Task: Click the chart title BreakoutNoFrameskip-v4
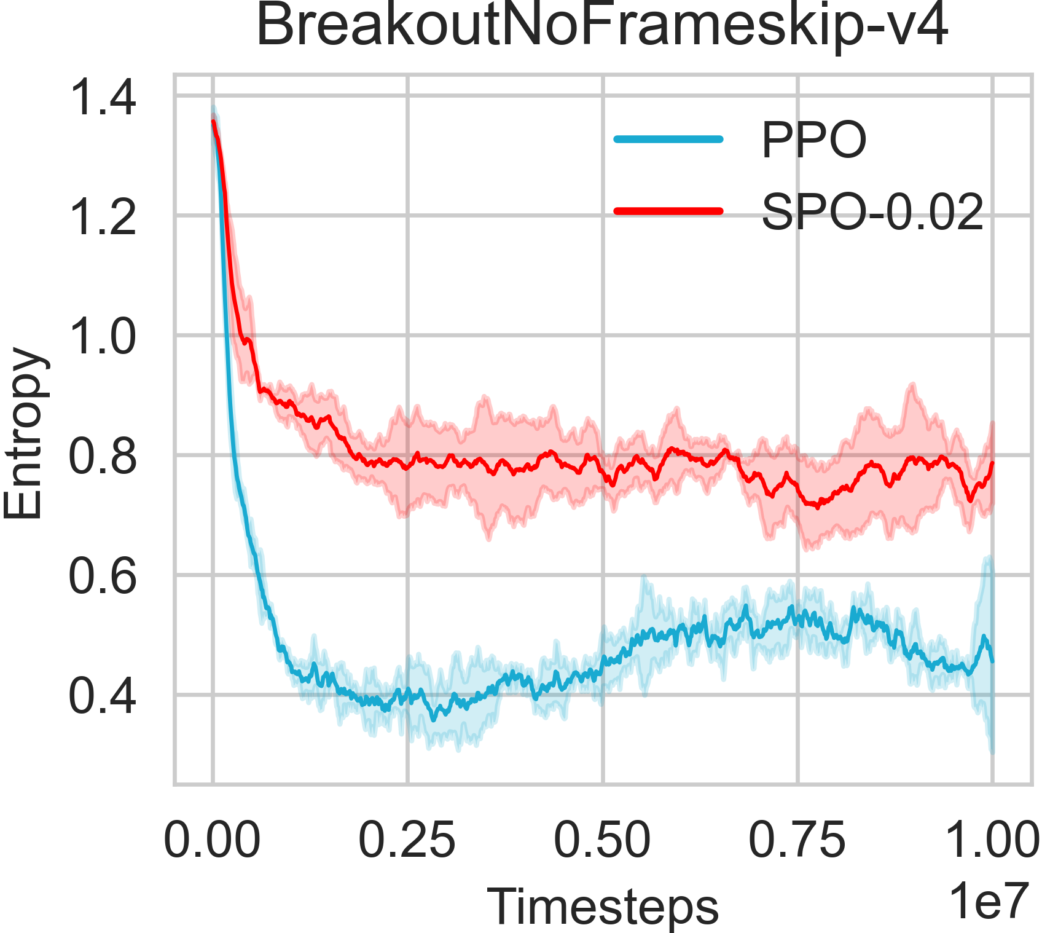602,27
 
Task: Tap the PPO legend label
813,141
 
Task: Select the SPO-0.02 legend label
872,213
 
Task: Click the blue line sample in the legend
668,139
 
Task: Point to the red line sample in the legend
668,211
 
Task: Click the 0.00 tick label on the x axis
212,840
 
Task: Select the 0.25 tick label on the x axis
407,840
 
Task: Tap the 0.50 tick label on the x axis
602,840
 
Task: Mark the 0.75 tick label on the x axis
797,840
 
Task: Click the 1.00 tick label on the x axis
992,840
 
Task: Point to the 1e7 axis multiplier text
988,901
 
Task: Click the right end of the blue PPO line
992,661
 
